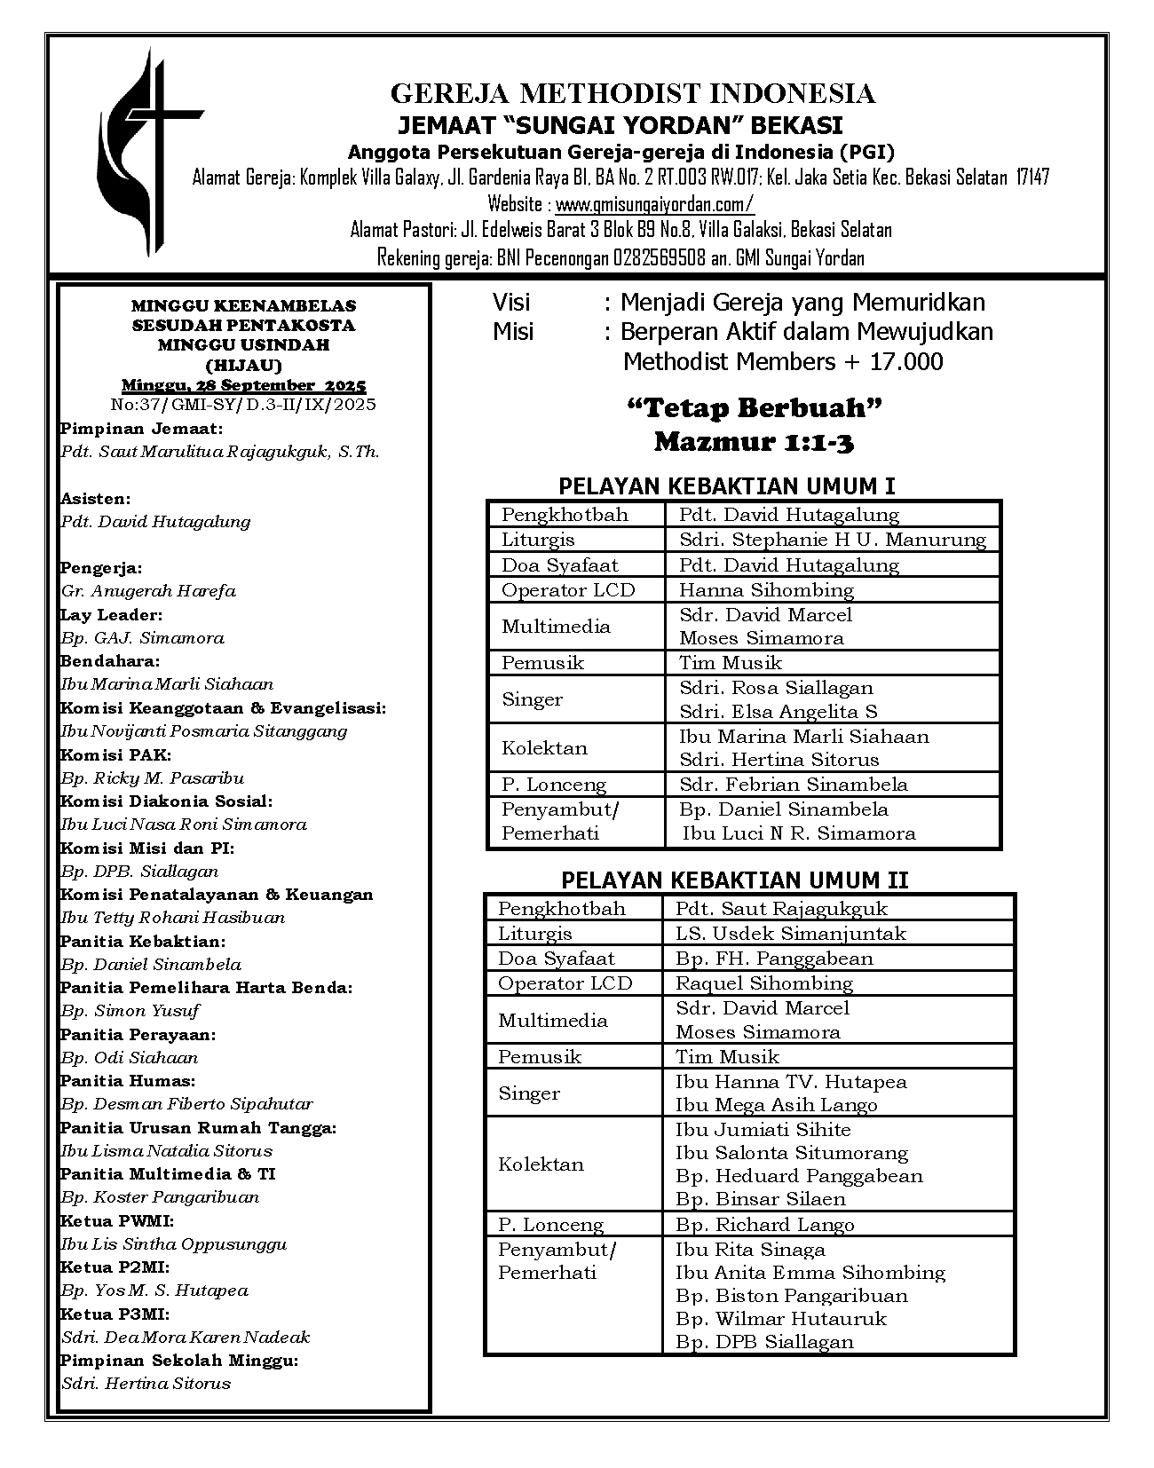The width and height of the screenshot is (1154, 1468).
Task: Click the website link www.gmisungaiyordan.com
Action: (x=654, y=204)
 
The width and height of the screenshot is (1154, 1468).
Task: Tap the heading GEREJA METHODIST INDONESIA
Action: (x=633, y=93)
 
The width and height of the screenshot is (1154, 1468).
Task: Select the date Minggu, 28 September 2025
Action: (x=243, y=385)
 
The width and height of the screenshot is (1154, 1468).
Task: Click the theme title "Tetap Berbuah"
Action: (x=754, y=408)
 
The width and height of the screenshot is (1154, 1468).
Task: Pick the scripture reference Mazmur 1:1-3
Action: (x=754, y=441)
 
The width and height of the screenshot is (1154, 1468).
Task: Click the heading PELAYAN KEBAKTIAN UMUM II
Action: (x=734, y=880)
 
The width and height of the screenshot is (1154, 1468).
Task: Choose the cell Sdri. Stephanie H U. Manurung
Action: (x=832, y=540)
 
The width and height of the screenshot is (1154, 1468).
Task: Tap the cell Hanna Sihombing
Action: (x=765, y=590)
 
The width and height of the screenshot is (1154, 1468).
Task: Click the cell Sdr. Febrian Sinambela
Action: (x=793, y=785)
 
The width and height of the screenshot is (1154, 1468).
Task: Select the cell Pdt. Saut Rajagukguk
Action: (x=780, y=909)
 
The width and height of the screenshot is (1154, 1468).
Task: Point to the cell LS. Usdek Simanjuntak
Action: (x=790, y=934)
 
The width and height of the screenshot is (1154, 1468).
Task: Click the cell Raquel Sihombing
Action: (x=763, y=983)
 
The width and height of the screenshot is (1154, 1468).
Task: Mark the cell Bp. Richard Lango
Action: (x=764, y=1225)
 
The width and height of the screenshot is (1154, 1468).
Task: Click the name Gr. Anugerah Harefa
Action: (x=148, y=591)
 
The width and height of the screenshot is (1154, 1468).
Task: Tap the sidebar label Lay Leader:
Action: (x=111, y=614)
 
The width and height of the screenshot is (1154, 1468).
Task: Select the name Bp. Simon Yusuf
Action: (x=130, y=1011)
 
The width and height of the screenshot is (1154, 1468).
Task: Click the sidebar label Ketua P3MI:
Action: (x=115, y=1314)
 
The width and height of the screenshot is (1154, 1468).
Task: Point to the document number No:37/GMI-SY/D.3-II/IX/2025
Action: (x=243, y=405)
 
